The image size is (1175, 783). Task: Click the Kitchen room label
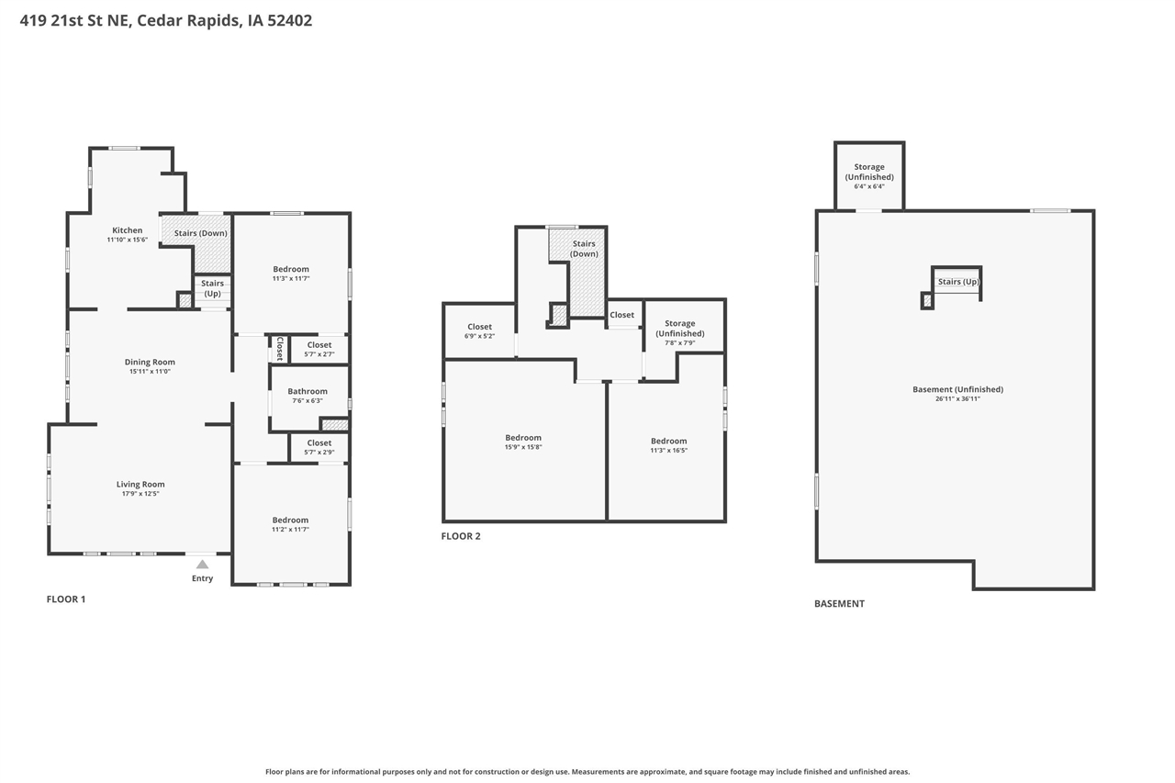[128, 230]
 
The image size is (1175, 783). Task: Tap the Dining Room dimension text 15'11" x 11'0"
[150, 372]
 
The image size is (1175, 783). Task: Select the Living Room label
[140, 485]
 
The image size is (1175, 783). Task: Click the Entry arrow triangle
[202, 565]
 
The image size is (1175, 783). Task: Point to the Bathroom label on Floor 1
[308, 391]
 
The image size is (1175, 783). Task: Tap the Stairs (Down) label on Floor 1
[201, 233]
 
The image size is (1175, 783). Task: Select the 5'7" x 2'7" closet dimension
[319, 354]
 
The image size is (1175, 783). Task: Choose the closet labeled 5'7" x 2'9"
[319, 447]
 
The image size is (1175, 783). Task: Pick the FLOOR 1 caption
[66, 599]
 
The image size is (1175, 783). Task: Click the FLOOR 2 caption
[461, 536]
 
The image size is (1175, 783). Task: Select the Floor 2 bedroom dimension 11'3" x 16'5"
[668, 451]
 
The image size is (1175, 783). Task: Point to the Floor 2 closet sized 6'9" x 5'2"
[479, 331]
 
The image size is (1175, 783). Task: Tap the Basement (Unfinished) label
[957, 389]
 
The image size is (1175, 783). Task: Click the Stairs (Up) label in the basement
[958, 282]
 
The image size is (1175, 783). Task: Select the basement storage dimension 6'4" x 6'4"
[869, 186]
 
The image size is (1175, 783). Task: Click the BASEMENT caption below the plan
[839, 604]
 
